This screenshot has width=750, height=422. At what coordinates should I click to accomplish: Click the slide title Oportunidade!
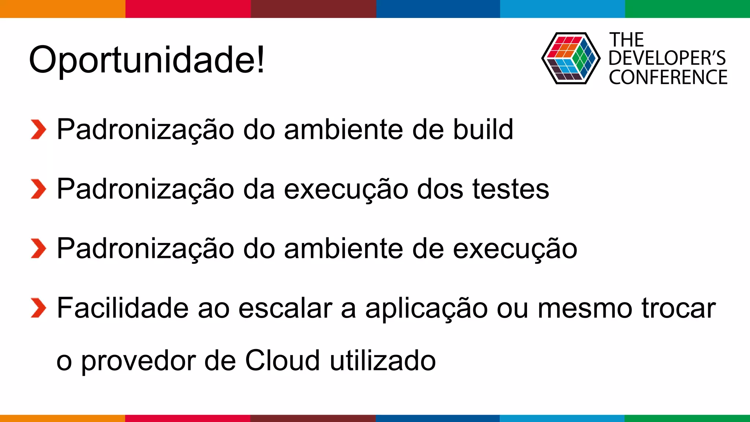pyautogui.click(x=146, y=60)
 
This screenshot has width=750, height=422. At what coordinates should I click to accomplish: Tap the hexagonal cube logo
pyautogui.click(x=571, y=58)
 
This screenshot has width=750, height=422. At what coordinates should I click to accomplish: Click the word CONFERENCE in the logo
pyautogui.click(x=668, y=77)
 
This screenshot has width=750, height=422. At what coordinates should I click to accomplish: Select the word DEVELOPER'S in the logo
pyautogui.click(x=667, y=58)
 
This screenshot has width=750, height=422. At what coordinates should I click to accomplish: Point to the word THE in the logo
pyautogui.click(x=627, y=40)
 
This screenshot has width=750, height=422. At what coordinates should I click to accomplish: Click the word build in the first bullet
pyautogui.click(x=483, y=129)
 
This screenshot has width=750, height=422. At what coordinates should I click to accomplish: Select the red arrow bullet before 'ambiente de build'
pyautogui.click(x=38, y=130)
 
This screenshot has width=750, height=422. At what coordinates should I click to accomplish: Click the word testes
pyautogui.click(x=511, y=189)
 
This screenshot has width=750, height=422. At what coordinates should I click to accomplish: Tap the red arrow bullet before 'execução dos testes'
pyautogui.click(x=38, y=189)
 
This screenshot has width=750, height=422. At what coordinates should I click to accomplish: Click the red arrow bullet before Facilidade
pyautogui.click(x=38, y=308)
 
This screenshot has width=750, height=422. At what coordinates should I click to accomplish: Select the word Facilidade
pyautogui.click(x=123, y=308)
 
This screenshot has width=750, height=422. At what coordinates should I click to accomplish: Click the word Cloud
pyautogui.click(x=282, y=360)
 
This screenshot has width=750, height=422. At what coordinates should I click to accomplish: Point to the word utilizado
pyautogui.click(x=383, y=360)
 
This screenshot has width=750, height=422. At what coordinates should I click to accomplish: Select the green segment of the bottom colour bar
pyautogui.click(x=687, y=418)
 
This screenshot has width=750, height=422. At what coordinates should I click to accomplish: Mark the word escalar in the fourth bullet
pyautogui.click(x=285, y=308)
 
